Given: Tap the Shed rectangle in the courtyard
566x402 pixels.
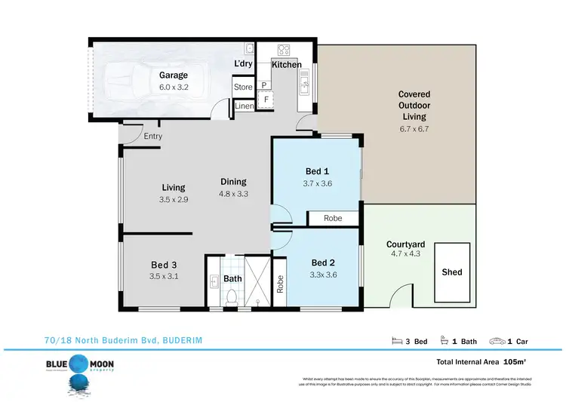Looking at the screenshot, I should point(452,272).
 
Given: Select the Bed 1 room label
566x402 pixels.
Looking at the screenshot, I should point(316,171).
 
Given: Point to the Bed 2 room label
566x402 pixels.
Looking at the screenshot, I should point(324,263).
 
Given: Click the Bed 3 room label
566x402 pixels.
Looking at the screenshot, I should point(164,265).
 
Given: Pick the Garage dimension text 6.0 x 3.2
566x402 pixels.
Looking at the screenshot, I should point(173,87).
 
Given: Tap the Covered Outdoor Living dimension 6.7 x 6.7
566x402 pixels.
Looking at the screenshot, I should point(414,129).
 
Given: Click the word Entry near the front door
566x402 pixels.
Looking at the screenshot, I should point(153,137).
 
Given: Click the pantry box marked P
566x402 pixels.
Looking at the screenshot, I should point(264,85).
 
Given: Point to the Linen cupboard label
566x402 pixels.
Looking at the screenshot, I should point(244,106).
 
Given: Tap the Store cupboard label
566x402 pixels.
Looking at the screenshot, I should point(243,87).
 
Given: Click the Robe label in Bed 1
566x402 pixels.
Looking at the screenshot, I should point(333,218).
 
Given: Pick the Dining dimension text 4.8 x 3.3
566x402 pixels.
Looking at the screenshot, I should point(233,194).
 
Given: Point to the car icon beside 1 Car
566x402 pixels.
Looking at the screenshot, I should point(499,340).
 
